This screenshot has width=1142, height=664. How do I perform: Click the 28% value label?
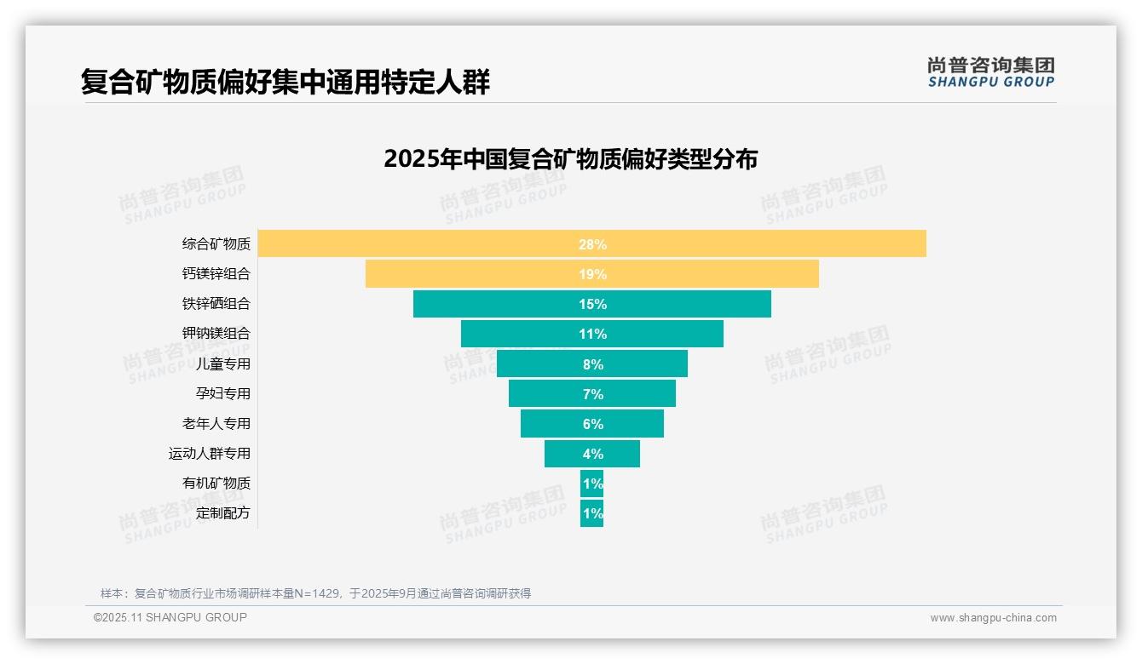click(x=592, y=244)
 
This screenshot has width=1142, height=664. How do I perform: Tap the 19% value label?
click(x=592, y=274)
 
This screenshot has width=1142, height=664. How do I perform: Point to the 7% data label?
click(x=592, y=394)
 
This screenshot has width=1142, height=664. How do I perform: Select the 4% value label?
click(x=592, y=454)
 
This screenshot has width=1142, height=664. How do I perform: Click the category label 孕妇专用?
click(x=223, y=393)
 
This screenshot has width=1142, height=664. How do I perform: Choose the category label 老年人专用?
click(x=216, y=423)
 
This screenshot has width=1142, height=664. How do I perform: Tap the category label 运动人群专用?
click(x=210, y=453)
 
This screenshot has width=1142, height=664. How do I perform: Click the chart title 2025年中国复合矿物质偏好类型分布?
click(x=570, y=159)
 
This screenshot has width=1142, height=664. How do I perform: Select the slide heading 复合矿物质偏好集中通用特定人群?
click(x=285, y=82)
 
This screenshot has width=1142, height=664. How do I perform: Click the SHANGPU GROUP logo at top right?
click(x=990, y=72)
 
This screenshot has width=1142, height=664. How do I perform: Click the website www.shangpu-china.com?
click(x=993, y=618)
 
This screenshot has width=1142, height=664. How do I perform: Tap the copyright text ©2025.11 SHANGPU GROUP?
click(x=170, y=617)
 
